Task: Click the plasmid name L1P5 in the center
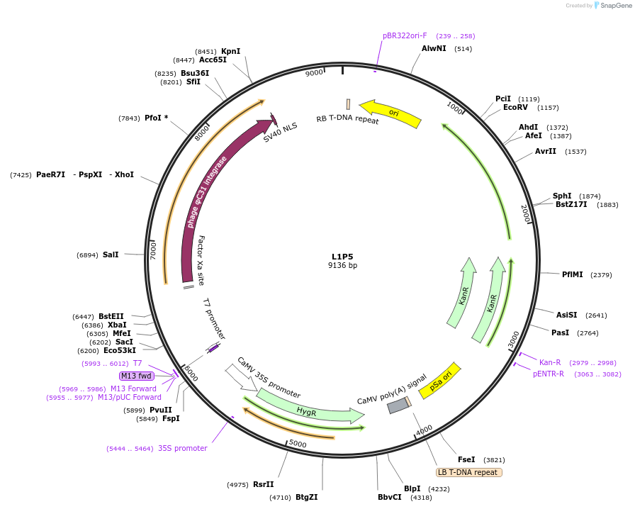pos(342,257)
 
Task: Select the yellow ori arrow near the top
pos(391,113)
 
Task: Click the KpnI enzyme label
pos(230,51)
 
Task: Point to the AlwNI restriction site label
pos(434,48)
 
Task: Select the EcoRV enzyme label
pos(515,108)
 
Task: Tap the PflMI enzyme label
pos(572,274)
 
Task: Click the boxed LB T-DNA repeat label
pos(468,472)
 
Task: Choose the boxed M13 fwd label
pos(136,376)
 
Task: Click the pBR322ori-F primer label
pos(405,35)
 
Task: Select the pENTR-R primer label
pos(549,374)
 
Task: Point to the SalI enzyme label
pos(111,254)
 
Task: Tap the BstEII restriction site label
pos(111,316)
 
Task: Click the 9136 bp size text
pos(342,266)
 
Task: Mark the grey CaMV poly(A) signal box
pos(398,405)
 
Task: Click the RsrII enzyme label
pos(263,484)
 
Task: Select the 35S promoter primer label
pos(183,448)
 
